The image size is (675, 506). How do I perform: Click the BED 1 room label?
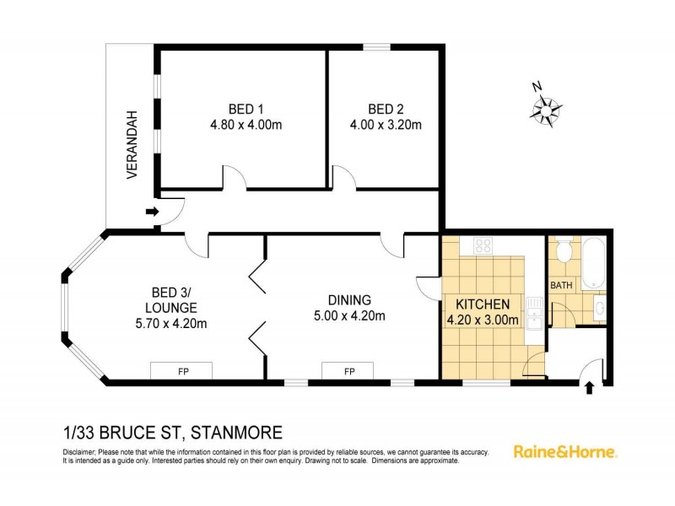tap(246, 109)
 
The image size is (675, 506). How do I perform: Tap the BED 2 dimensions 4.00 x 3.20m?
tap(386, 125)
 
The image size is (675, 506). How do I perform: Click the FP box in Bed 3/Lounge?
tap(181, 370)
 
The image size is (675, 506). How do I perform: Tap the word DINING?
tap(349, 299)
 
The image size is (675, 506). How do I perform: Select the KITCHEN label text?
tap(483, 304)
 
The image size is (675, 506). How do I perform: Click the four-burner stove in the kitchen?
tap(483, 246)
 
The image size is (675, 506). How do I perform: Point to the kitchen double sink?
tap(532, 315)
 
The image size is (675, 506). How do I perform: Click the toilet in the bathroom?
tap(564, 251)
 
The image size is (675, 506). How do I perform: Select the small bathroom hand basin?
tap(598, 305)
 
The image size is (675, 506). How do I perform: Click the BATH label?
tap(561, 285)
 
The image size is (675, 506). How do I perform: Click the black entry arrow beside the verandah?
tap(151, 212)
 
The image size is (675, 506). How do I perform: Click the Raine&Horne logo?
tap(565, 451)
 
